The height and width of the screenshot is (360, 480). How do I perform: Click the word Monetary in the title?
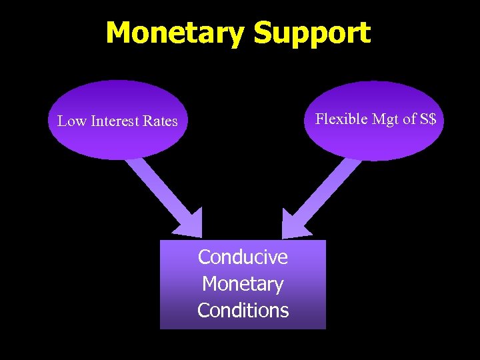click(175, 33)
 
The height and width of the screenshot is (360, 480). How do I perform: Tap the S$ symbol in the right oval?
click(428, 119)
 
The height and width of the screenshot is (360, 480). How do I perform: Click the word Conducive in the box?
click(243, 257)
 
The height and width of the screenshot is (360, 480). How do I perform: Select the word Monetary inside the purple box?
click(243, 283)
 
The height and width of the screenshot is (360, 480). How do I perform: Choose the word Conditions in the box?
click(243, 310)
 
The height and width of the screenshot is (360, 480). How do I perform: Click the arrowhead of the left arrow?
click(189, 223)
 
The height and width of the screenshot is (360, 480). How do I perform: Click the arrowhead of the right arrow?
click(293, 224)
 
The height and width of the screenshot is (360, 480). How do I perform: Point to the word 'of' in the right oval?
click(409, 119)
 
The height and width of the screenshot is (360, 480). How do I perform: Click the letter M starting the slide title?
click(119, 33)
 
